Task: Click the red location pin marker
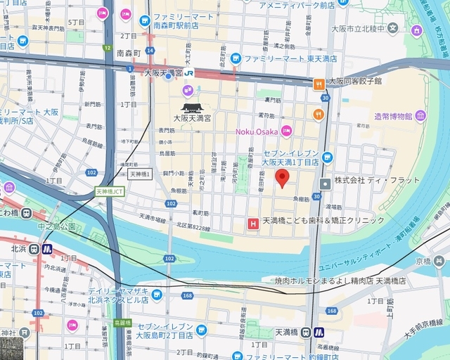(282, 177)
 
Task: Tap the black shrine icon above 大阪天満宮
(191, 107)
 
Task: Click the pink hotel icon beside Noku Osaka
(286, 130)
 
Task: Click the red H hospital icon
(253, 224)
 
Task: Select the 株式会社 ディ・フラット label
(377, 181)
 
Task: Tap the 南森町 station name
(129, 53)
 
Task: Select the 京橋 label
(423, 261)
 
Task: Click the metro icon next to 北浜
(46, 248)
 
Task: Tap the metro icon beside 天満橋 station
(319, 333)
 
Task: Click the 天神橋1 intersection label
(141, 173)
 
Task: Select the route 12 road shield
(108, 48)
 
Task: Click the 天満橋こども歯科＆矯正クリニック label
(323, 220)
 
